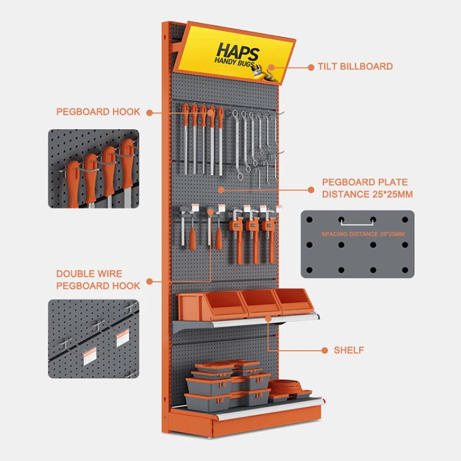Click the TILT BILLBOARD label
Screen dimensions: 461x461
point(355,66)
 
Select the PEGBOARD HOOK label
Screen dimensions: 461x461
point(98,112)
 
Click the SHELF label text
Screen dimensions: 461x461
point(349,350)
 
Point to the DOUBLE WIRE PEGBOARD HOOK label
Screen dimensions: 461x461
point(98,279)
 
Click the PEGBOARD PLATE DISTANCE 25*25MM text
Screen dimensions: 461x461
point(367,188)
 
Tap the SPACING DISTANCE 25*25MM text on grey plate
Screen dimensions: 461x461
point(363,234)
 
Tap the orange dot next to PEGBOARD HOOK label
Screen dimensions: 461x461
point(149,112)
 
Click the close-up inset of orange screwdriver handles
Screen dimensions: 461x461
point(93,169)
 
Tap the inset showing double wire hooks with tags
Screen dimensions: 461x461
point(93,338)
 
